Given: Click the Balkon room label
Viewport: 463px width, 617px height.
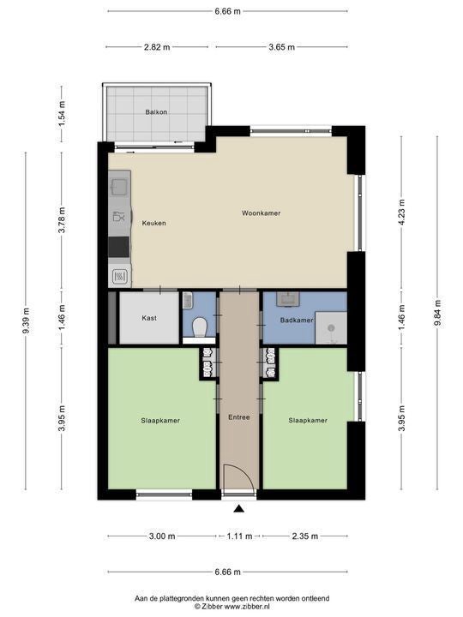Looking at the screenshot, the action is pyautogui.click(x=156, y=112).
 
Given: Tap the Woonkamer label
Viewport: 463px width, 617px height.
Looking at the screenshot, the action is pyautogui.click(x=261, y=213).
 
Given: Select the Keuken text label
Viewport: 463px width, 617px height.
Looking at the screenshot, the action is pyautogui.click(x=154, y=223).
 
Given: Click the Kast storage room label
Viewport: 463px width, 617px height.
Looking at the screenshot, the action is pyautogui.click(x=149, y=318).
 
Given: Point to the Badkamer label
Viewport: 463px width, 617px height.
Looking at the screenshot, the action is pyautogui.click(x=297, y=320).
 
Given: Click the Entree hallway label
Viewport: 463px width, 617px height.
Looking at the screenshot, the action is pyautogui.click(x=239, y=417).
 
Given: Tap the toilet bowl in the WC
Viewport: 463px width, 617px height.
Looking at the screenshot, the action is pyautogui.click(x=200, y=327).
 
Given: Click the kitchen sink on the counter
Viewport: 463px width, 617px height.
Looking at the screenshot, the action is pyautogui.click(x=119, y=187).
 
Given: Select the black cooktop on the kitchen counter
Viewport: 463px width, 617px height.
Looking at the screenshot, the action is pyautogui.click(x=119, y=247).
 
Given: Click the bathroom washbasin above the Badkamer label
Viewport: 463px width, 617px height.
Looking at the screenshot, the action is pyautogui.click(x=288, y=299).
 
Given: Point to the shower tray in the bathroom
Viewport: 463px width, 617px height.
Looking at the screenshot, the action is pyautogui.click(x=331, y=328).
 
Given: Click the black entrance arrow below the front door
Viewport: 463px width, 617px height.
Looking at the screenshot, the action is pyautogui.click(x=238, y=509).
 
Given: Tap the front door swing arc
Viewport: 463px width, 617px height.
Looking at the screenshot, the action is pyautogui.click(x=245, y=471).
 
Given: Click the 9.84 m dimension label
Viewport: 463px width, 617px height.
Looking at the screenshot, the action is pyautogui.click(x=437, y=314).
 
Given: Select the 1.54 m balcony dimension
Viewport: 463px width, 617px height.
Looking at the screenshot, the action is pyautogui.click(x=62, y=114).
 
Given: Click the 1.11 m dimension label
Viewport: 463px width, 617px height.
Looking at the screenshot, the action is pyautogui.click(x=239, y=536).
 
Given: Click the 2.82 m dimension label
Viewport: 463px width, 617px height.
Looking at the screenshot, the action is pyautogui.click(x=157, y=47).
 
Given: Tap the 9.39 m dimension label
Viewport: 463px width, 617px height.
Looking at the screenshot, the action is pyautogui.click(x=26, y=320).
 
